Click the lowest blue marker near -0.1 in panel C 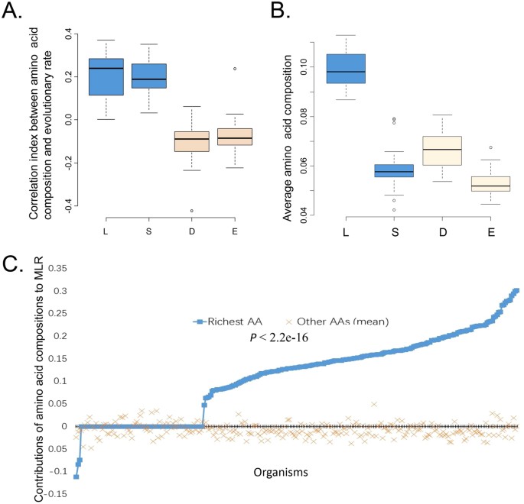pyautogui.click(x=76, y=477)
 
